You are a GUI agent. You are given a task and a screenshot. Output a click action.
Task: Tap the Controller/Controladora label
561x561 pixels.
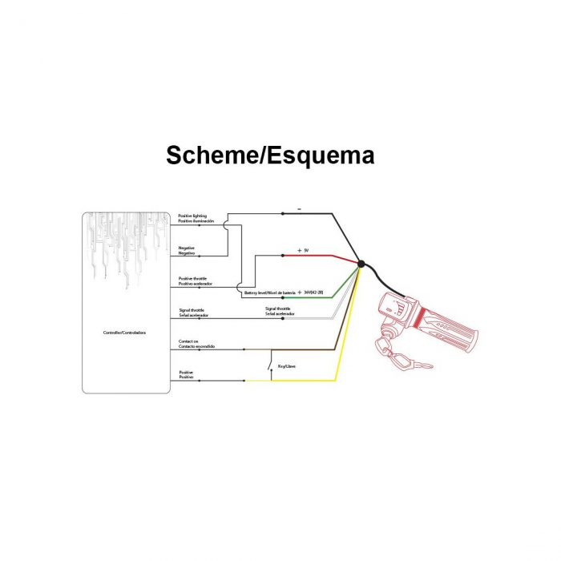[x=125, y=332]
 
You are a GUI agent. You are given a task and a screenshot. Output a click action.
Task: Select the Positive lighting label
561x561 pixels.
[x=192, y=218]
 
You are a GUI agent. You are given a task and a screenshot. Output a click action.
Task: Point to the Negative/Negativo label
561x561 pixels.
[x=187, y=250]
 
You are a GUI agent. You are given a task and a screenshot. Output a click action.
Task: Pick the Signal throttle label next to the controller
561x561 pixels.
[x=193, y=313]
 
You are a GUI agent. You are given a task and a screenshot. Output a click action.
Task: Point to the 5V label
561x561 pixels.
[x=304, y=251]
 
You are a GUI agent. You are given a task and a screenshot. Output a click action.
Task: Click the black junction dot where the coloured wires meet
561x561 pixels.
[x=361, y=264]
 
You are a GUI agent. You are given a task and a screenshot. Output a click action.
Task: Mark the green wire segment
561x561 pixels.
[x=321, y=297]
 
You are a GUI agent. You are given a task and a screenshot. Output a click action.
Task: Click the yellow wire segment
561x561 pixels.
[x=321, y=380]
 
